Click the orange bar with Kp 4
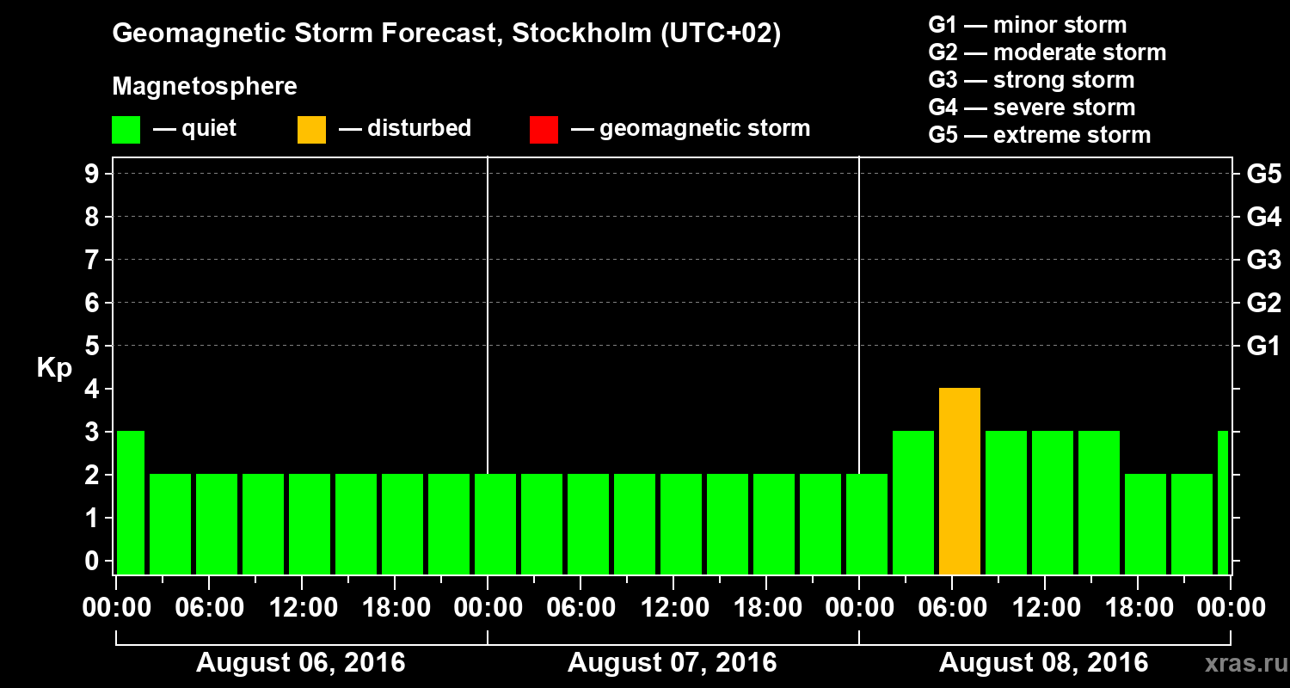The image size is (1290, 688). pos(960,482)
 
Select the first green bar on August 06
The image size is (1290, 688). pos(131,502)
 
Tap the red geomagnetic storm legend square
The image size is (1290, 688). pos(544,130)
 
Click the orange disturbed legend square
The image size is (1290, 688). pos(311,130)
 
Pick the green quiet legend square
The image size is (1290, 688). pos(126,130)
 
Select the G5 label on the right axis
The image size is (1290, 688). pos(1263,174)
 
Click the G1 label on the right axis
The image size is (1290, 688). pos(1263,346)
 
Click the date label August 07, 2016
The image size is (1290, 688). pos(672,663)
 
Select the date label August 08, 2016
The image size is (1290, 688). pos(1043,663)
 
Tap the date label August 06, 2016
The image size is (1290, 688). pos(300,663)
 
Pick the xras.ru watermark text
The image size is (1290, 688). pos(1239,663)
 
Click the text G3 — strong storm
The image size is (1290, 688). pos(1031,80)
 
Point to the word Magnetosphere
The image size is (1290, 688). pos(205,87)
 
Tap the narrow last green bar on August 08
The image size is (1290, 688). pos(1223,502)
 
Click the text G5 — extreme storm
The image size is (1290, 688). pos(1039,135)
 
